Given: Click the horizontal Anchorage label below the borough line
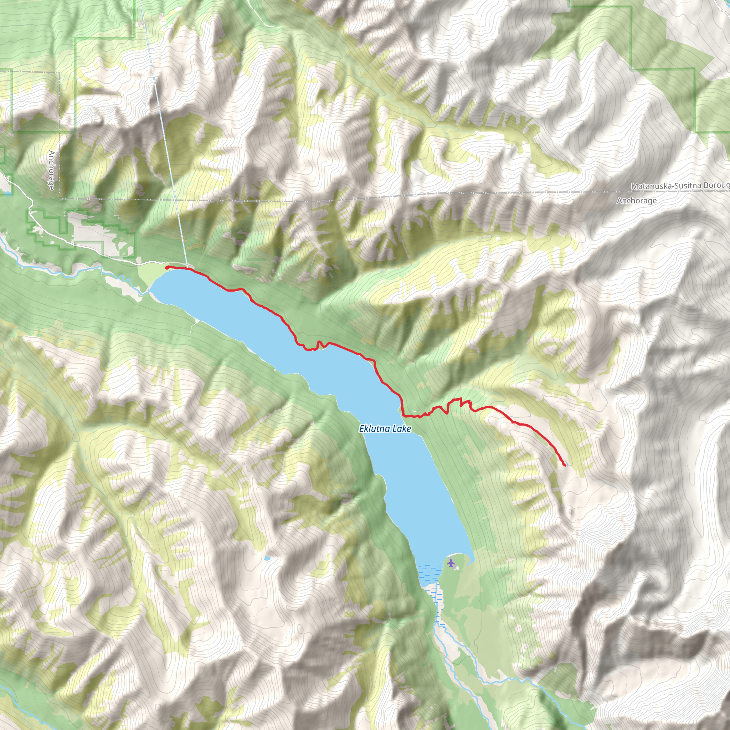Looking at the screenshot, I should click(636, 201).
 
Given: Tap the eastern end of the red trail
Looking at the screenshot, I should click(565, 465).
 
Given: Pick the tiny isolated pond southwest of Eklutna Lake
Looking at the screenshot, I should click(267, 558).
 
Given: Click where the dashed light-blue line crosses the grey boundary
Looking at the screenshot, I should click(175, 199).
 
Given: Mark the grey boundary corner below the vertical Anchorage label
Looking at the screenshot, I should click(60, 198).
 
